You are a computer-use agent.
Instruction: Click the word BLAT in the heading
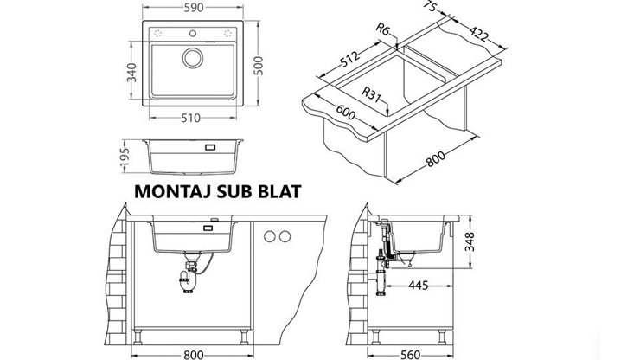click(278, 192)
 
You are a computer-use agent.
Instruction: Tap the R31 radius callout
click(375, 94)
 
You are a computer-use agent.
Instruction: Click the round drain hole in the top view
click(192, 58)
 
